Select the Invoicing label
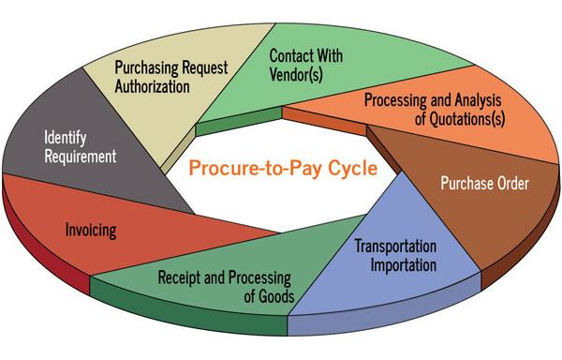[x=91, y=231]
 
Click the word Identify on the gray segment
[x=66, y=139]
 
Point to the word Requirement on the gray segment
[x=81, y=157]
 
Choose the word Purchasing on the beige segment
[x=146, y=68]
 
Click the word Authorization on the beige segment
[x=153, y=86]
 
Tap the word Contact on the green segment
[x=290, y=55]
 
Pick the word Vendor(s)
[x=296, y=75]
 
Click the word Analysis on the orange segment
[x=478, y=100]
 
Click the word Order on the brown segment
[x=509, y=184]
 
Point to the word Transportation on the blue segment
[x=395, y=247]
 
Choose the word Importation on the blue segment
[x=404, y=265]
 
